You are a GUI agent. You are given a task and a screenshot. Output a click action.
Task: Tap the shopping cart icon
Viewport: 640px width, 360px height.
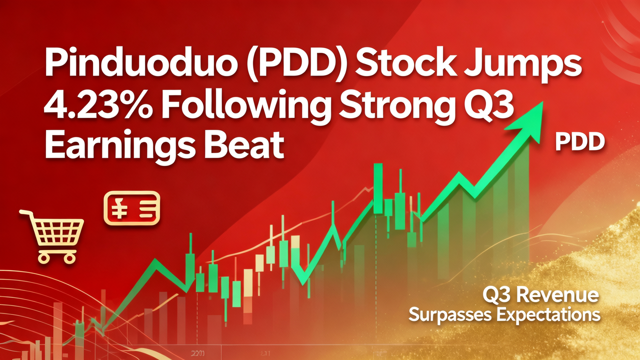tap(52, 235)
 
